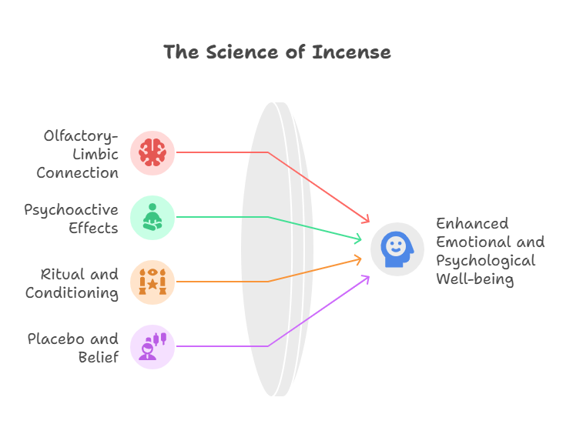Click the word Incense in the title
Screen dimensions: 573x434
pyautogui.click(x=351, y=52)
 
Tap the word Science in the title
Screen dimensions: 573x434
pyautogui.click(x=242, y=52)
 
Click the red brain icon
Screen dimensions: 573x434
pyautogui.click(x=152, y=152)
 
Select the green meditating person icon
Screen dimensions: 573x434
pyautogui.click(x=152, y=217)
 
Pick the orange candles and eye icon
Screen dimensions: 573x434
pyautogui.click(x=152, y=282)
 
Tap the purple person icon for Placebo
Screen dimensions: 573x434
pyautogui.click(x=152, y=346)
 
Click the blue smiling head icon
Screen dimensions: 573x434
pyautogui.click(x=397, y=249)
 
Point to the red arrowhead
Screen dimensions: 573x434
pyautogui.click(x=366, y=219)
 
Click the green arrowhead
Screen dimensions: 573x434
pyautogui.click(x=358, y=239)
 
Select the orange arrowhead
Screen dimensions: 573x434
pyautogui.click(x=358, y=259)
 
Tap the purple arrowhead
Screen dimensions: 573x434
pyautogui.click(x=366, y=279)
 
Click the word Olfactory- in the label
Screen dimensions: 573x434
pyautogui.click(x=81, y=136)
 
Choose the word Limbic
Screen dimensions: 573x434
pyautogui.click(x=95, y=155)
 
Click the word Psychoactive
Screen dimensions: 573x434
pyautogui.click(x=72, y=211)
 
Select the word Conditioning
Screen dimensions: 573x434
pyautogui.click(x=72, y=293)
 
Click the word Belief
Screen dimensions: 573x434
pyautogui.click(x=99, y=357)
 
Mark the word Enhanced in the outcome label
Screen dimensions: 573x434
pyautogui.click(x=472, y=223)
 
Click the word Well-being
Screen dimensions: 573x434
pyautogui.click(x=475, y=279)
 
